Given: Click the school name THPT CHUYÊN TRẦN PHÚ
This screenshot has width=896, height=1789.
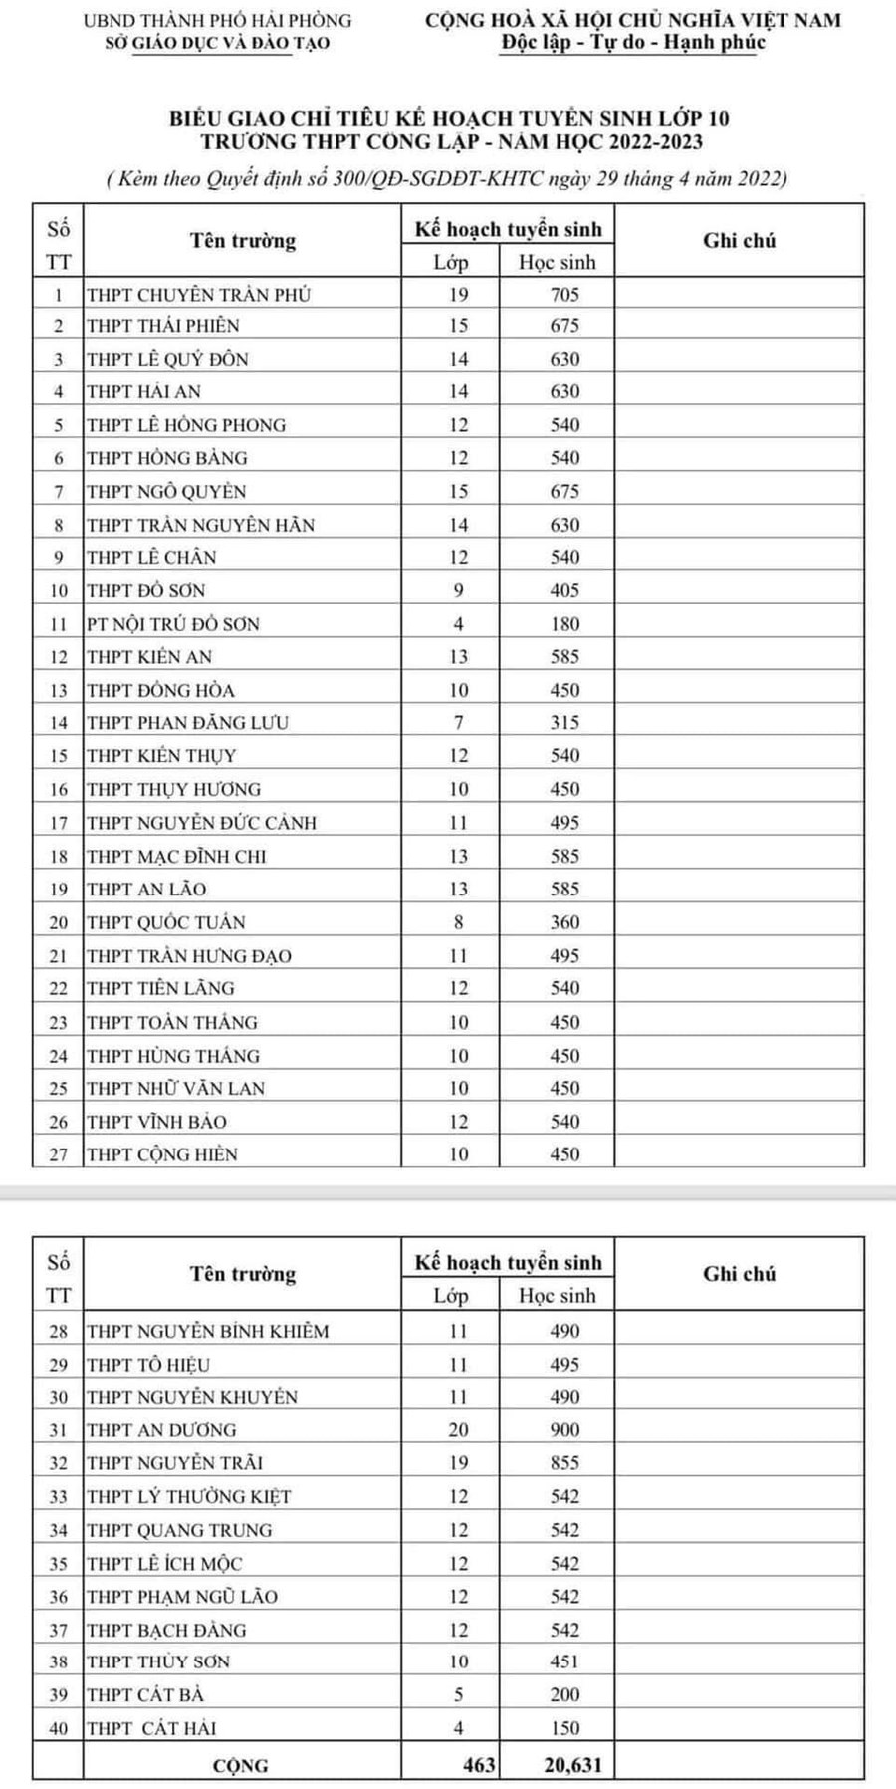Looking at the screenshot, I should pyautogui.click(x=198, y=294).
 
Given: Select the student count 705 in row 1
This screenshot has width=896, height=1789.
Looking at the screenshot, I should pyautogui.click(x=564, y=294).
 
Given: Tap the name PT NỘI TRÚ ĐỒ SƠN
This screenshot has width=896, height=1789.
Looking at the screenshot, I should pyautogui.click(x=172, y=624).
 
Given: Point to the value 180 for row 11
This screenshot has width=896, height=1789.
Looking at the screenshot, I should pyautogui.click(x=564, y=624).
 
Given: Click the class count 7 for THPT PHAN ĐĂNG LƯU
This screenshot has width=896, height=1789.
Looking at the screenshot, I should pyautogui.click(x=458, y=722).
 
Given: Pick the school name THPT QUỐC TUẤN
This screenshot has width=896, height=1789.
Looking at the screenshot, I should pyautogui.click(x=165, y=922).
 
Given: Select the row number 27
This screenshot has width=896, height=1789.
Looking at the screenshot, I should pyautogui.click(x=59, y=1154).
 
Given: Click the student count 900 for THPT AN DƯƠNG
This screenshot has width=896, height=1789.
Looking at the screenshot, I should pyautogui.click(x=564, y=1430).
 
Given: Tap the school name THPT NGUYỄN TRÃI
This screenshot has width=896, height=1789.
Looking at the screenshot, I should pyautogui.click(x=174, y=1463).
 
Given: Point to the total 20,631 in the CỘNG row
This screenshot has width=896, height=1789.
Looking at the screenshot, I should pyautogui.click(x=572, y=1765).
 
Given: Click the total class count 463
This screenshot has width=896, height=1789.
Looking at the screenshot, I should pyautogui.click(x=479, y=1765).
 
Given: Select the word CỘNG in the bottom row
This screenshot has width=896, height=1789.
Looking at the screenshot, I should pyautogui.click(x=241, y=1766).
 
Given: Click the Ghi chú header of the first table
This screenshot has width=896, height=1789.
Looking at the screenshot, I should pyautogui.click(x=739, y=240).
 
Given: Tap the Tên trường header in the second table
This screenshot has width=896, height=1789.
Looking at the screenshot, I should pyautogui.click(x=243, y=1274).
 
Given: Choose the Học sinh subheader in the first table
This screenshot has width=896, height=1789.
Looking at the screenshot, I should pyautogui.click(x=557, y=262).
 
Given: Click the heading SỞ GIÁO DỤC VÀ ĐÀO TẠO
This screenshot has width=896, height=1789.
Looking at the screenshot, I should pyautogui.click(x=217, y=43).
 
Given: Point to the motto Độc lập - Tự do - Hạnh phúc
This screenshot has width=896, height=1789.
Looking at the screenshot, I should pyautogui.click(x=633, y=43).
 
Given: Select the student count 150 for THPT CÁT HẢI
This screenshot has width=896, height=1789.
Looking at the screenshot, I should pyautogui.click(x=564, y=1728).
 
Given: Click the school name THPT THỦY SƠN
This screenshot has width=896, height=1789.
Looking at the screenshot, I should pyautogui.click(x=158, y=1661).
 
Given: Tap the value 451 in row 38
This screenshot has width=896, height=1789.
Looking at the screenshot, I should pyautogui.click(x=564, y=1661).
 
